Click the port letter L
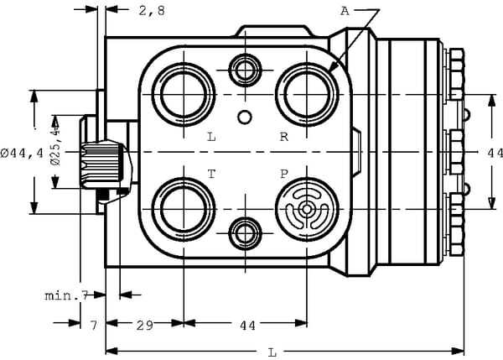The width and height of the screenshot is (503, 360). pyautogui.click(x=211, y=136)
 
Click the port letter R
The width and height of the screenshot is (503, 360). pyautogui.click(x=284, y=136)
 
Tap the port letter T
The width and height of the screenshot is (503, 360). pyautogui.click(x=211, y=173)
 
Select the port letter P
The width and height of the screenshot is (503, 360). pyautogui.click(x=284, y=173)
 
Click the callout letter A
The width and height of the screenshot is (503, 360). pyautogui.click(x=345, y=11)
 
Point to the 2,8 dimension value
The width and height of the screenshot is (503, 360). pyautogui.click(x=151, y=11)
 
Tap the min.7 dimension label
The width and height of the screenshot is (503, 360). pyautogui.click(x=66, y=295)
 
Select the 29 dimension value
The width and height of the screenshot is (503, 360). pyautogui.click(x=143, y=325)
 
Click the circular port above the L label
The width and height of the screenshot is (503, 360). pyautogui.click(x=184, y=92)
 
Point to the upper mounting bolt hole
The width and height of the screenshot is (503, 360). pyautogui.click(x=245, y=70)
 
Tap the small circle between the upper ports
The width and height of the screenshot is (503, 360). pyautogui.click(x=245, y=116)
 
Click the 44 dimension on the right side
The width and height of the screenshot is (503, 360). pyautogui.click(x=494, y=153)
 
